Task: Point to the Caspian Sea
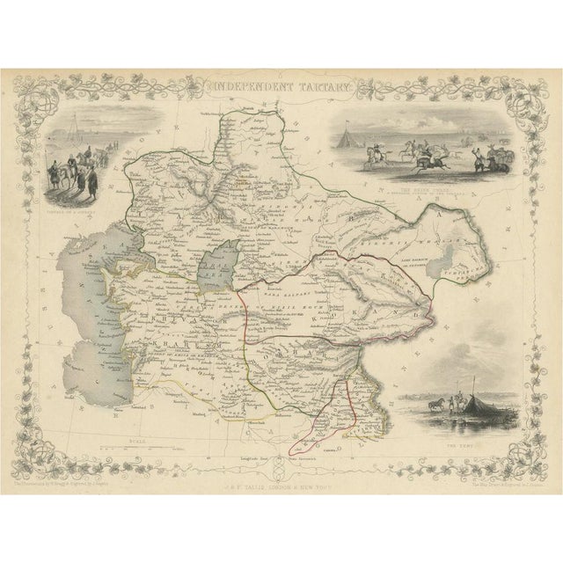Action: tap(97, 290)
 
